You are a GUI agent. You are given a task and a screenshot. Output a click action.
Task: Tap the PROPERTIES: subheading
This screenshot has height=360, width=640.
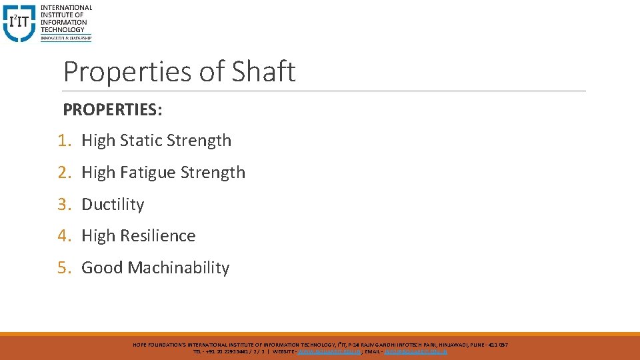click(113, 109)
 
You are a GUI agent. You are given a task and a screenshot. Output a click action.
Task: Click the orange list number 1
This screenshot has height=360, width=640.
click(63, 141)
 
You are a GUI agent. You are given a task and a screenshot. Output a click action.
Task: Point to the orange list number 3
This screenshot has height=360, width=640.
click(63, 204)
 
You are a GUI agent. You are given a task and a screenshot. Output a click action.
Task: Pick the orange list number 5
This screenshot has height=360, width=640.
click(63, 268)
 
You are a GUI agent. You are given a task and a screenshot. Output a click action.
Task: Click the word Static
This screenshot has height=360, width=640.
click(141, 141)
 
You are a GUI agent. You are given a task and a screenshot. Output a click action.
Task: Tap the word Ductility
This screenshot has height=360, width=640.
click(113, 204)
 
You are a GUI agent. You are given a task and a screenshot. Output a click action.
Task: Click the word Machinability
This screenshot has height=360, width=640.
click(179, 268)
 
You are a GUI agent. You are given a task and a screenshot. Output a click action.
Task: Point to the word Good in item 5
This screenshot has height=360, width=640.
click(102, 268)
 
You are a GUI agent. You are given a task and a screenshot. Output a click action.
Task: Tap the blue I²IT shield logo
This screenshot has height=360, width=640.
click(18, 24)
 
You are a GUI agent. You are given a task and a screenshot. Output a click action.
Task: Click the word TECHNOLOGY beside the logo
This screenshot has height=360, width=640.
click(63, 29)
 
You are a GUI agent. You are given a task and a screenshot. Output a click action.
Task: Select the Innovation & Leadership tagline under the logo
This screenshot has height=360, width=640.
click(65, 38)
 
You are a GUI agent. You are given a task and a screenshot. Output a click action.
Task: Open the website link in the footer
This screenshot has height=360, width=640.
click(330, 351)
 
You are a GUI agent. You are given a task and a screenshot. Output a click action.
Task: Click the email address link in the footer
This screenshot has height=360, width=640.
click(416, 351)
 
